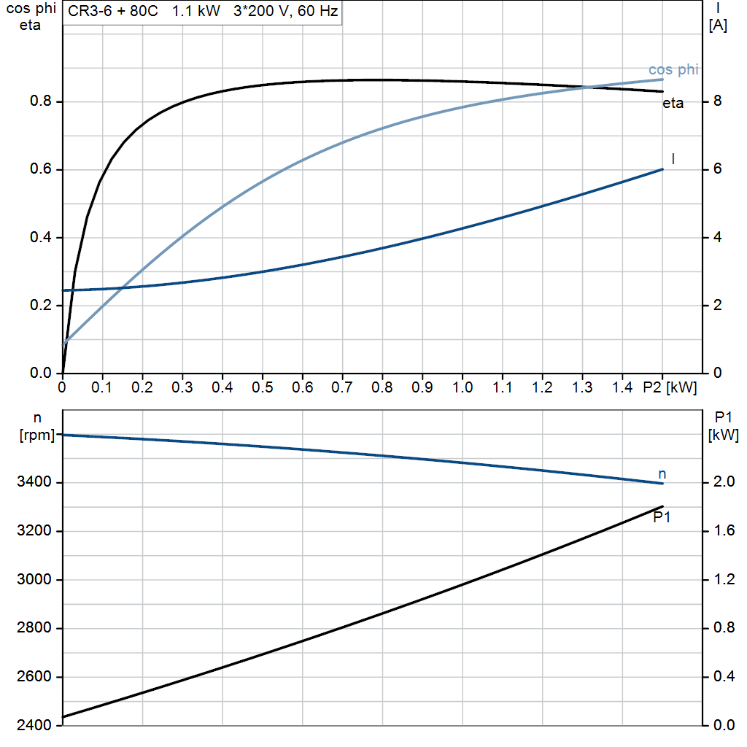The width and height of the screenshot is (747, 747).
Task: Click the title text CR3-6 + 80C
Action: (x=107, y=12)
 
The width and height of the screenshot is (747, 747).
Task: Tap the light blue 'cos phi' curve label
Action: (x=673, y=70)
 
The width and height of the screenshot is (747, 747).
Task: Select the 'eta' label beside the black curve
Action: (x=673, y=104)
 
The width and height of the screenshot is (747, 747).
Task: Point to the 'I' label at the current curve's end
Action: (x=673, y=158)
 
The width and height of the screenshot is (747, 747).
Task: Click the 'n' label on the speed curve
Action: (x=662, y=474)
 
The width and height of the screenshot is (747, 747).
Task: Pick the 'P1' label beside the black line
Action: (x=662, y=517)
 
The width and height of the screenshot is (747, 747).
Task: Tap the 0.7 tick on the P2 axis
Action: (x=342, y=387)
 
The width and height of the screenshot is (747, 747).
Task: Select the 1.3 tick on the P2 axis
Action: (x=582, y=387)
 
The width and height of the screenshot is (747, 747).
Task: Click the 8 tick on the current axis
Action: (x=717, y=101)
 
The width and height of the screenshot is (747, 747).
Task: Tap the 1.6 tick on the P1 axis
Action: (x=724, y=531)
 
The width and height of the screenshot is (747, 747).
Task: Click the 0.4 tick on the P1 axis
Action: (x=724, y=677)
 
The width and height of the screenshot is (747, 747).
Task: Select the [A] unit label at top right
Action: (x=718, y=26)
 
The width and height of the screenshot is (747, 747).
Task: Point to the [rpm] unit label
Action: (x=37, y=436)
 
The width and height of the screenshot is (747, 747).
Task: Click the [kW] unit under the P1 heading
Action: (x=723, y=436)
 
